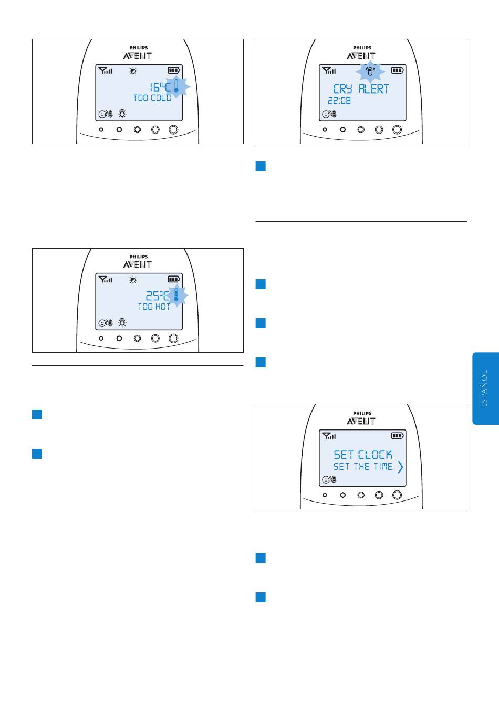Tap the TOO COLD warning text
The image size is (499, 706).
pyautogui.click(x=152, y=98)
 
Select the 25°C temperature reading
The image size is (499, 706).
pyautogui.click(x=157, y=295)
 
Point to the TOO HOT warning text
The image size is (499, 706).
pyautogui.click(x=154, y=306)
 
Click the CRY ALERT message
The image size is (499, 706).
pyautogui.click(x=361, y=89)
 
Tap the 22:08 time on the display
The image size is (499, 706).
pyautogui.click(x=339, y=100)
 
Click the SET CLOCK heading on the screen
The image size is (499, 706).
pyautogui.click(x=362, y=455)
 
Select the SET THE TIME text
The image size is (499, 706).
pyautogui.click(x=362, y=466)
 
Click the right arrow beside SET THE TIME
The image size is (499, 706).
pyautogui.click(x=400, y=467)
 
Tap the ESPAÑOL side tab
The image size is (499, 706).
pyautogui.click(x=485, y=388)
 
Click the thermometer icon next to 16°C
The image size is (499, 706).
pyautogui.click(x=176, y=86)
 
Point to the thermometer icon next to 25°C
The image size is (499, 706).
pyautogui.click(x=176, y=295)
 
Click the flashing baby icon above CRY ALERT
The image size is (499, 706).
pyautogui.click(x=370, y=71)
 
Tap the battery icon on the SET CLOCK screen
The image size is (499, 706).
pyautogui.click(x=397, y=436)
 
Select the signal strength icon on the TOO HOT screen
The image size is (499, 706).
pyautogui.click(x=105, y=279)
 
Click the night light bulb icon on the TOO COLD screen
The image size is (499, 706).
pyautogui.click(x=122, y=114)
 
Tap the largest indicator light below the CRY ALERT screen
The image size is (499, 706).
pyautogui.click(x=397, y=129)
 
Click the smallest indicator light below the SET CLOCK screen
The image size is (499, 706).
pyautogui.click(x=325, y=495)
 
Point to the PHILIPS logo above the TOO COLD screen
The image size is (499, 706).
pyautogui.click(x=139, y=48)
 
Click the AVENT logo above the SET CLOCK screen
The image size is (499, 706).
pyautogui.click(x=361, y=421)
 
